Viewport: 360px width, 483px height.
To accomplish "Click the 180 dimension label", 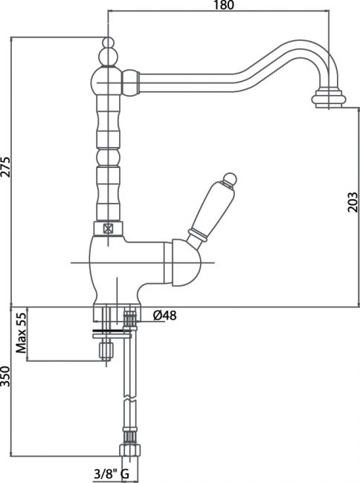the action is (223, 4).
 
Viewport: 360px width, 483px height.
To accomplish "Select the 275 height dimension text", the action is (5, 167).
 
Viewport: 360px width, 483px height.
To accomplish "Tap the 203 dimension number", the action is (353, 202).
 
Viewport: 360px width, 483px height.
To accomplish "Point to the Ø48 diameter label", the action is (164, 315).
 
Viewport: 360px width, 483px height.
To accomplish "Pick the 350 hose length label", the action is (5, 377).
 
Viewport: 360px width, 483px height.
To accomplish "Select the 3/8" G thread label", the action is (112, 474).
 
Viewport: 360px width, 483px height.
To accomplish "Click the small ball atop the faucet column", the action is (108, 42).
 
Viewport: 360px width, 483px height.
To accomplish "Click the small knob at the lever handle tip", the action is (230, 179).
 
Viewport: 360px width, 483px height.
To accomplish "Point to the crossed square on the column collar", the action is (108, 229).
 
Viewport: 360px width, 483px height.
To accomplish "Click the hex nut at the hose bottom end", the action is (130, 450).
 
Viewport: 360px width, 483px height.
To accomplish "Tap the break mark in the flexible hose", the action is (129, 399).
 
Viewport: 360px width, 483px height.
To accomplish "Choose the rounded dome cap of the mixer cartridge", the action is (186, 263).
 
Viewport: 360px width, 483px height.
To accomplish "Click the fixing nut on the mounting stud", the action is (106, 351).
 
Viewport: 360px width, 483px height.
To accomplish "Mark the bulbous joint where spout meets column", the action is (131, 83).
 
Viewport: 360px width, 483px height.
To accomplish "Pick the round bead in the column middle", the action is (108, 158).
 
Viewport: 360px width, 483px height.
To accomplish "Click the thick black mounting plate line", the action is (112, 331).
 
